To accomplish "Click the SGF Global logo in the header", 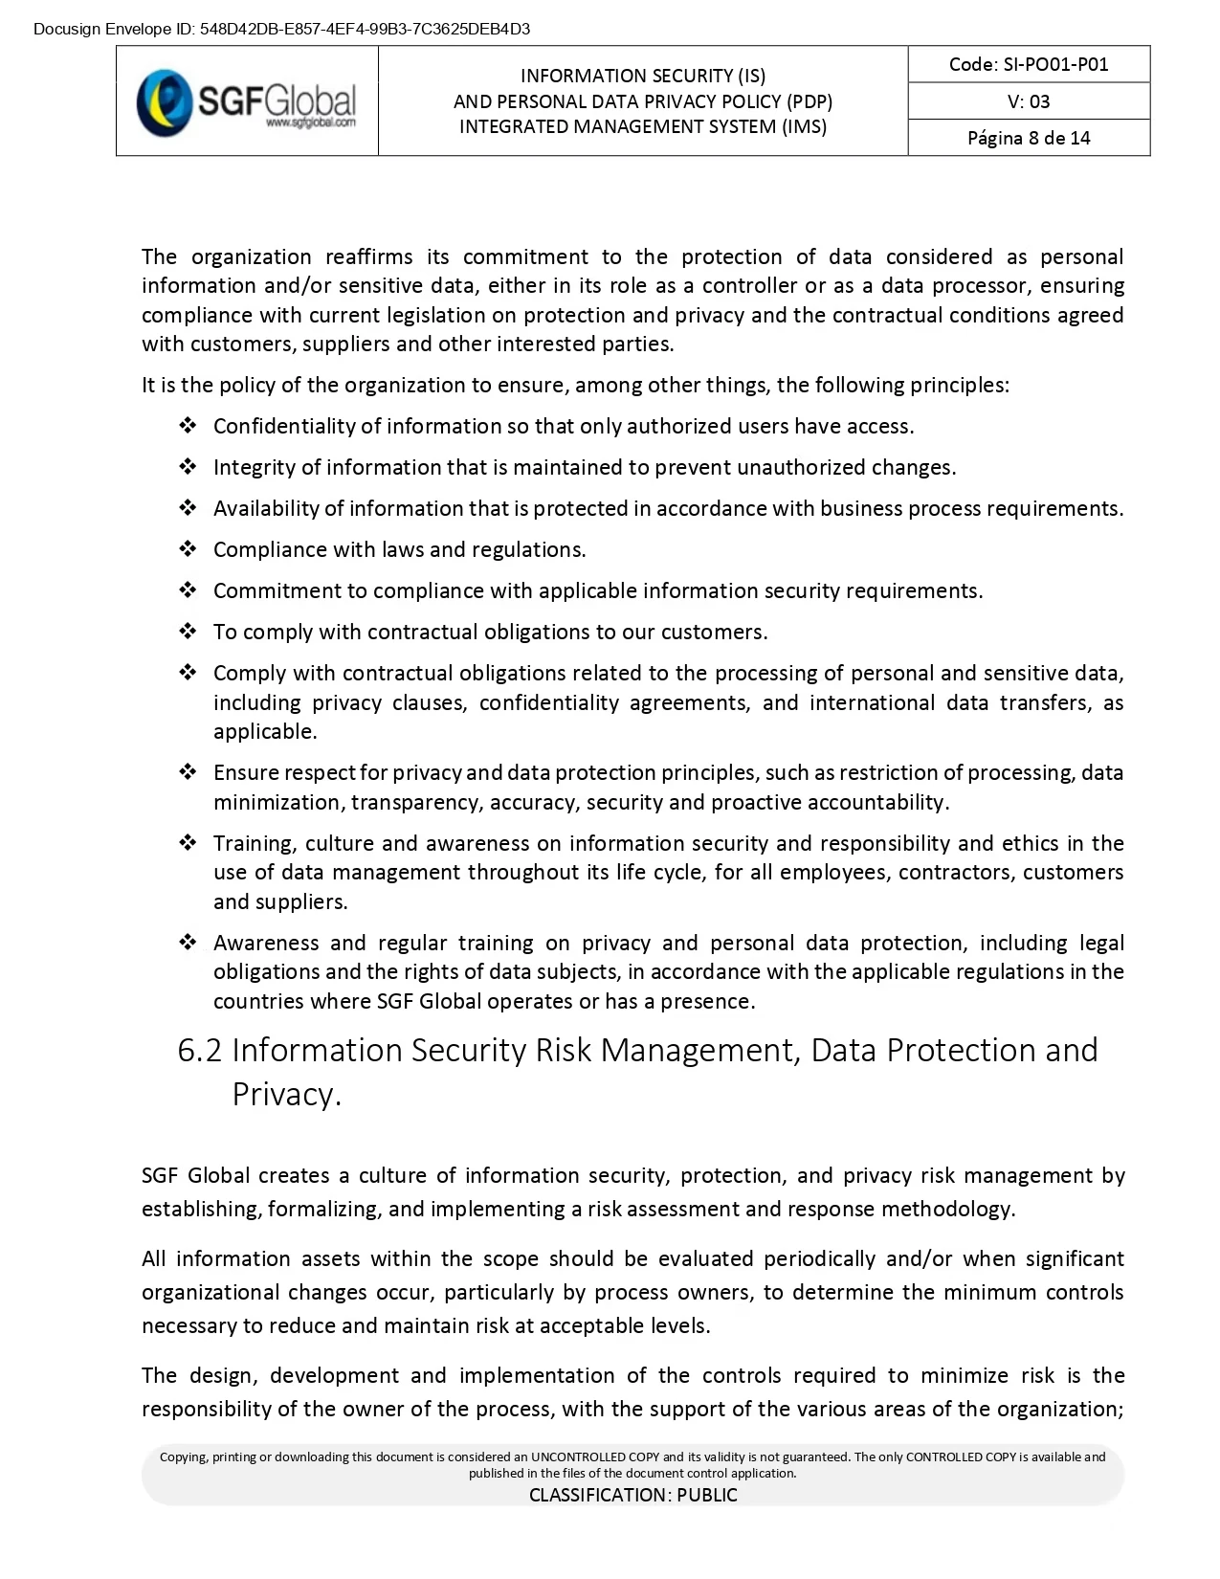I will coord(246,100).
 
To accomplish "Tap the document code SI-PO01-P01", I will coord(1029,64).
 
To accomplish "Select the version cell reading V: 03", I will coord(1029,101).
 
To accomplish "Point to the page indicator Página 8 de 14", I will coord(1029,138).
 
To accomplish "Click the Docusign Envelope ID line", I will coord(281,29).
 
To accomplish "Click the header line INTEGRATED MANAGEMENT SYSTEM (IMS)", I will coord(643,126).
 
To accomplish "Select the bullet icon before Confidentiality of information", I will coord(188,426).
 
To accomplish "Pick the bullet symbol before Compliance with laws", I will coord(188,549).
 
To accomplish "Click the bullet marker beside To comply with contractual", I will coord(188,632).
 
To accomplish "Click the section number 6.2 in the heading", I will coord(199,1051).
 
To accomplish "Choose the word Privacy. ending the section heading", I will coord(286,1094).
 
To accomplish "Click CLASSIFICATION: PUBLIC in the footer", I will coord(633,1495).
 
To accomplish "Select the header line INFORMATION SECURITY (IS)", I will coord(643,77).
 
